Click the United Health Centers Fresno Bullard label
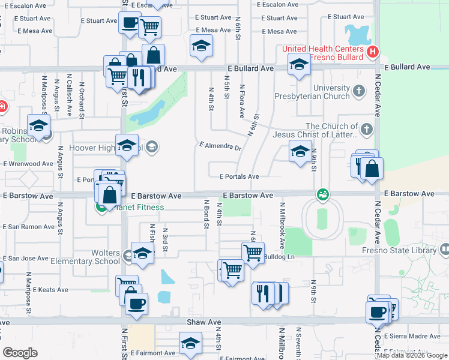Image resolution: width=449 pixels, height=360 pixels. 324,53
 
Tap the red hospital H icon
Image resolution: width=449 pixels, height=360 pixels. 373,52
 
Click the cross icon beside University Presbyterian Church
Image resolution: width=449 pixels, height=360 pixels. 359,91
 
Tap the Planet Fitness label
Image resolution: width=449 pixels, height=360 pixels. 136,208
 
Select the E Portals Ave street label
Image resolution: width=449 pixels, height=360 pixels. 239,176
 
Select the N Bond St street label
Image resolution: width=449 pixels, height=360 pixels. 206,214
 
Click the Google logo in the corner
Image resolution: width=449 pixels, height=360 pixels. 20,353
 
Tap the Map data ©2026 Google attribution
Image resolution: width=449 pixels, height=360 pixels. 412,355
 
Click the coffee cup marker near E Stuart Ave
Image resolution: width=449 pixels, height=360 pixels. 129,23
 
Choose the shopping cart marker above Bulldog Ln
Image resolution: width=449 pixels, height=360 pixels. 253,252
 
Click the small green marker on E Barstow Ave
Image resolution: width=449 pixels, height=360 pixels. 323,194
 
